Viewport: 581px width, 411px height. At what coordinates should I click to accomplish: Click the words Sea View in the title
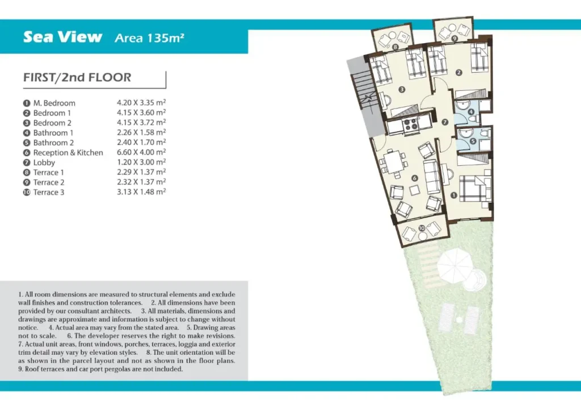(x=62, y=37)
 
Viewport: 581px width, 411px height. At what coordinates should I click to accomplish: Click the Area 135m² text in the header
(x=149, y=38)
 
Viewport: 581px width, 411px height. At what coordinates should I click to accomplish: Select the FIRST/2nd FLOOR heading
(x=77, y=77)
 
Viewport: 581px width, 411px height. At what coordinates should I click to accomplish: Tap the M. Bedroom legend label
(x=54, y=103)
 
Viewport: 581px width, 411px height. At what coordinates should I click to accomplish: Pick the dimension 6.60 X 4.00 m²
(x=141, y=152)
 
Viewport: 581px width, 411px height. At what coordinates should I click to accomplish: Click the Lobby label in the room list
(x=44, y=162)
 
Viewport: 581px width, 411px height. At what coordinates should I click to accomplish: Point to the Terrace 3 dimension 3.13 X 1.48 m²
(x=141, y=192)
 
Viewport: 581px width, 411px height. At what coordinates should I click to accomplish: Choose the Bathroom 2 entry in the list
(x=53, y=142)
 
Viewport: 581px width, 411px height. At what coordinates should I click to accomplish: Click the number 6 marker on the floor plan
(x=415, y=178)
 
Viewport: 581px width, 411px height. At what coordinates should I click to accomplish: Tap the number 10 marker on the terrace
(x=422, y=228)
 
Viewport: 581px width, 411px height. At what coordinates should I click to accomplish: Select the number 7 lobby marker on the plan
(x=445, y=122)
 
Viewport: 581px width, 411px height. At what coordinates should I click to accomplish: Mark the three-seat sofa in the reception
(x=432, y=177)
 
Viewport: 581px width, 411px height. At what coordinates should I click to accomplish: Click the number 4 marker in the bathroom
(x=471, y=112)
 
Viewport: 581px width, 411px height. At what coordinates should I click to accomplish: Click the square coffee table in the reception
(x=414, y=190)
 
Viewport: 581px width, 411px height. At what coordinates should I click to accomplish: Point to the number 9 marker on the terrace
(x=454, y=38)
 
